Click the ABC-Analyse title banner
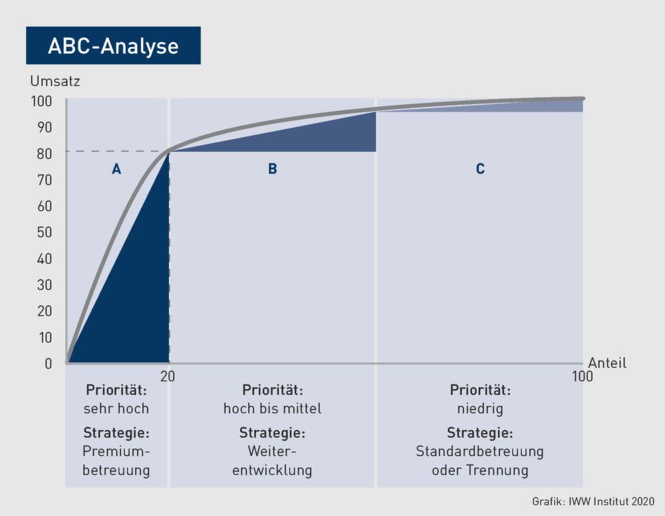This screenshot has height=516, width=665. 113,45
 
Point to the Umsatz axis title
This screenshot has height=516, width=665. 55,81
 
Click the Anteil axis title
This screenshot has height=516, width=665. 607,363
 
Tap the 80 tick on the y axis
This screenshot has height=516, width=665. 45,154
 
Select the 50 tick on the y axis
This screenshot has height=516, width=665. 45,232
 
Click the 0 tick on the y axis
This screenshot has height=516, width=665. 49,364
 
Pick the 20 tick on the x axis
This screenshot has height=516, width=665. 168,376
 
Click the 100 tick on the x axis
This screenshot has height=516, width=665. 583,376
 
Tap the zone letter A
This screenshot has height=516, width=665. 116,169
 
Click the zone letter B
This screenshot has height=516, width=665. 273,169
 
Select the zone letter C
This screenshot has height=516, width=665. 480,169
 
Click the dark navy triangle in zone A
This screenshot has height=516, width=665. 136,297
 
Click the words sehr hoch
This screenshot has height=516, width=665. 116,409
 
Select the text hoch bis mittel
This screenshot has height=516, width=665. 272,409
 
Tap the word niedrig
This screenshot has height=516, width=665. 480,409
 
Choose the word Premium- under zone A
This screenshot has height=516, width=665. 116,451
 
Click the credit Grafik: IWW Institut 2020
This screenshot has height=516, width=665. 593,501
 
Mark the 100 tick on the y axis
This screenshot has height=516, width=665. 41,101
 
